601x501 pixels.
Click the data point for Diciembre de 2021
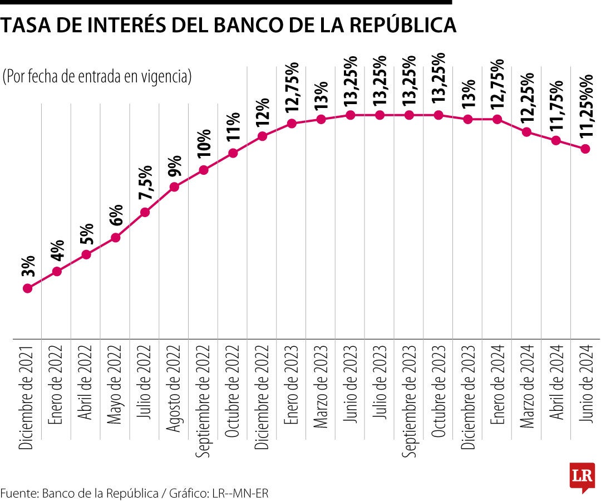click(27, 288)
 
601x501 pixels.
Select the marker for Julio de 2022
click(145, 212)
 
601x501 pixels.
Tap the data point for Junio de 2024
click(585, 149)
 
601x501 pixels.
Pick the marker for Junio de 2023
click(350, 115)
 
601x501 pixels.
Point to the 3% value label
click(29, 266)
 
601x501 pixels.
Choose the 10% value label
click(204, 144)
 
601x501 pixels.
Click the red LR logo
click(582, 477)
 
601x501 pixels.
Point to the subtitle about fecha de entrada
click(97, 77)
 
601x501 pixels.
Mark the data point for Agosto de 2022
click(174, 187)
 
